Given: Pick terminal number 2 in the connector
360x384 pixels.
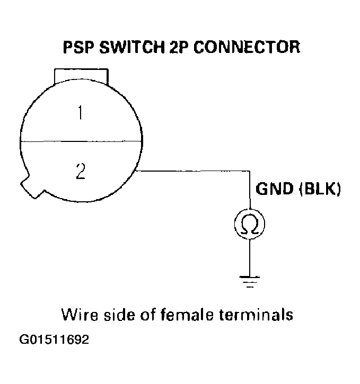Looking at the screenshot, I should pyautogui.click(x=81, y=171).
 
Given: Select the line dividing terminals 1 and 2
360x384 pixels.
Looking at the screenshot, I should pyautogui.click(x=81, y=140).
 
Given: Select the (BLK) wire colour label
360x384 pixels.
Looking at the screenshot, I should pyautogui.click(x=320, y=190).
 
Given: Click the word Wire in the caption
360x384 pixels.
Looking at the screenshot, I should pyautogui.click(x=78, y=315).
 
